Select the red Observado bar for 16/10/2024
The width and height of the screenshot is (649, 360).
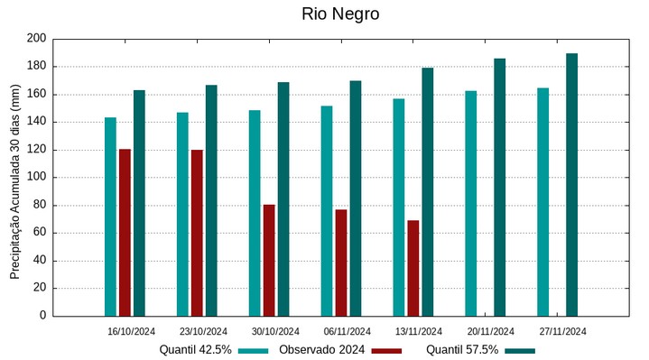(125, 232)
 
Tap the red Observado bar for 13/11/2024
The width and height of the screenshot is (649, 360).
(413, 268)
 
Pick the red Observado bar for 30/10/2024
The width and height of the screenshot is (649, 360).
(269, 260)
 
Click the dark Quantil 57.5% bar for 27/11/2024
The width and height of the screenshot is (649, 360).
(571, 184)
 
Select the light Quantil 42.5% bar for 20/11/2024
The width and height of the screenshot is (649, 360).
(471, 203)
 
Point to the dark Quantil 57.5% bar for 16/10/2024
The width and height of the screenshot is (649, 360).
(139, 203)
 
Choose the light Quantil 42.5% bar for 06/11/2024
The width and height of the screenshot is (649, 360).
(327, 211)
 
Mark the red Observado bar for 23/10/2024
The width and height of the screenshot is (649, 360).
(197, 232)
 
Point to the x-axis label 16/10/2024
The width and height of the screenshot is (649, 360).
(131, 331)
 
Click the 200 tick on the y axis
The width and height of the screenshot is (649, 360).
(36, 39)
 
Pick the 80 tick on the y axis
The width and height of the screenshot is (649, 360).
(39, 205)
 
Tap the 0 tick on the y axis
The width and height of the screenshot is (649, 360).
(42, 316)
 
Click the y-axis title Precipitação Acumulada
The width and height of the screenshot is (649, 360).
(14, 189)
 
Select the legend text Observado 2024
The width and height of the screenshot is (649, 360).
(321, 349)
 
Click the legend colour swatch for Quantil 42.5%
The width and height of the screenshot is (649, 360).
(255, 350)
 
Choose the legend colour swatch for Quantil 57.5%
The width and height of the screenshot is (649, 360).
(520, 350)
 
